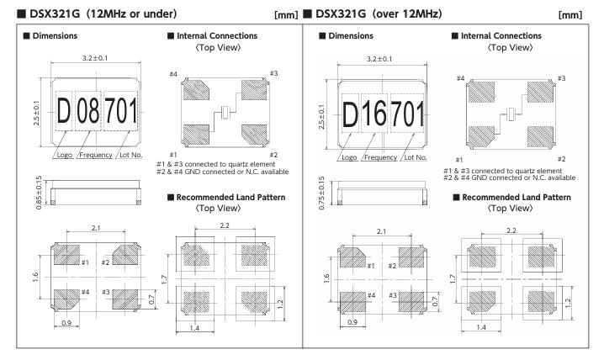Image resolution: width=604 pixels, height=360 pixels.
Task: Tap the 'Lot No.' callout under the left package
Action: [x=127, y=147]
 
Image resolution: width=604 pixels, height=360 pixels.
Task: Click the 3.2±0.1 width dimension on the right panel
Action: [x=382, y=61]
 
